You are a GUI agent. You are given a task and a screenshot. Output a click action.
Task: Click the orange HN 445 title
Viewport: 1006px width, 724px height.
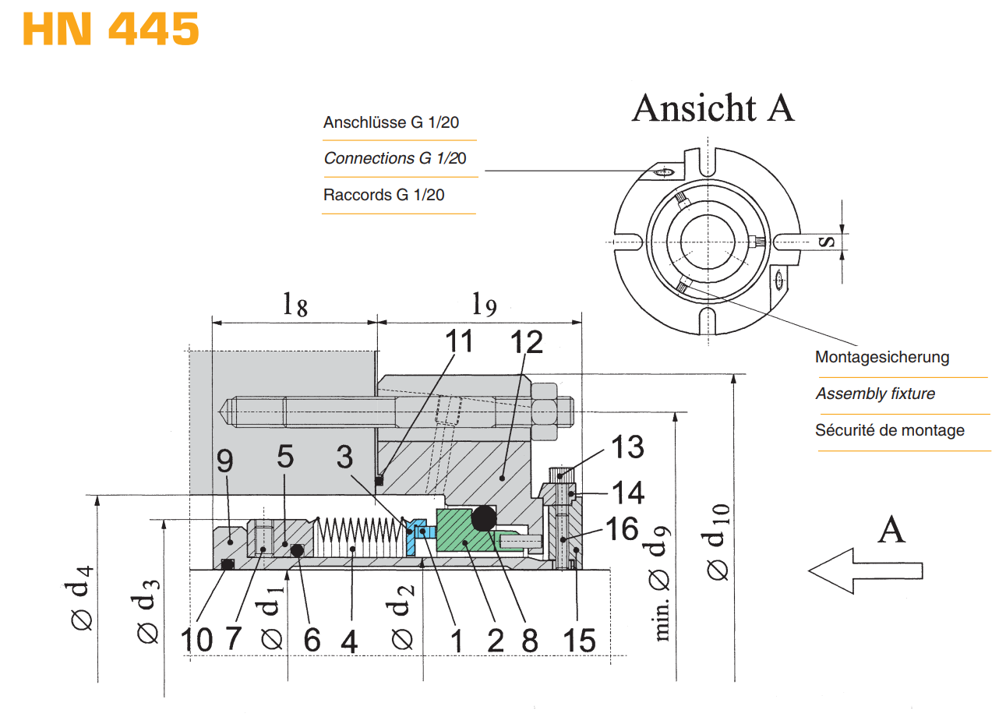[x=111, y=29]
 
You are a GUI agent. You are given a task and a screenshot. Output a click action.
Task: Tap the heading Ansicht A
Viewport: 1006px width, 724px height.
[x=713, y=108]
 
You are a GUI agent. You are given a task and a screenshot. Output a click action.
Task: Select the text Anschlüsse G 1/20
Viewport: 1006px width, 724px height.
[x=390, y=122]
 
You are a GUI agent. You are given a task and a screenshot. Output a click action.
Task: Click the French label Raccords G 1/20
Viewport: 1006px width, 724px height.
[x=383, y=195]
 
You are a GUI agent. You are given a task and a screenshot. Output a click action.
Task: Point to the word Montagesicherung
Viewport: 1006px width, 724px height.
[x=881, y=357]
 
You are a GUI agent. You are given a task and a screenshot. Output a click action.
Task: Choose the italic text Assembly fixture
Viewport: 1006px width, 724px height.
[x=875, y=394]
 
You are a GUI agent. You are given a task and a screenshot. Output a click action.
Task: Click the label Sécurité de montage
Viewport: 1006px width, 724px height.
[x=889, y=430]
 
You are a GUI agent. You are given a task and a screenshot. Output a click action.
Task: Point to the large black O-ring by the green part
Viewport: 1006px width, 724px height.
[x=484, y=517]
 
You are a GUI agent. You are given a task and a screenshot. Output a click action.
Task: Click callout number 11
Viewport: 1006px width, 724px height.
[x=459, y=341]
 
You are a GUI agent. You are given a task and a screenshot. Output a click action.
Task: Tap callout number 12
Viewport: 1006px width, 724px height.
[x=526, y=342]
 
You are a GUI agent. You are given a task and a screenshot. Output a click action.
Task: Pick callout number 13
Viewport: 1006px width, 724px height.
[x=627, y=447]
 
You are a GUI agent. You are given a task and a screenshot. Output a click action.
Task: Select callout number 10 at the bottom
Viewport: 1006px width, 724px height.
[x=196, y=641]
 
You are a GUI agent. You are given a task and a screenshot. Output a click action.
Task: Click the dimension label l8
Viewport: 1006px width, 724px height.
[x=295, y=304]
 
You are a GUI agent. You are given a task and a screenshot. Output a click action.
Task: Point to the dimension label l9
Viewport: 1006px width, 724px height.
[x=484, y=304]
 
